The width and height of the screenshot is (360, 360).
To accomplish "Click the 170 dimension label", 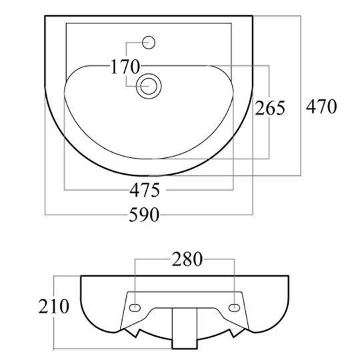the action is pos(125,67).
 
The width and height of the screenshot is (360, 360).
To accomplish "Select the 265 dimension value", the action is pos(270,108).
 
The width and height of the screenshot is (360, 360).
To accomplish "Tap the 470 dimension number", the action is pos(321,106).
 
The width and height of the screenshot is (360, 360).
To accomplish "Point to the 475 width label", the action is pos(145,190).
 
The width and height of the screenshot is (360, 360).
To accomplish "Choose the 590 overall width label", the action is pos(144,215).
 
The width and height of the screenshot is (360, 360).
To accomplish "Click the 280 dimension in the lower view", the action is pos(187,259).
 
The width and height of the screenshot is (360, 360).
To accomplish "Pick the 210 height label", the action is pos(53,306).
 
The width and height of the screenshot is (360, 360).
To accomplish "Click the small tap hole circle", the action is pos(149,43).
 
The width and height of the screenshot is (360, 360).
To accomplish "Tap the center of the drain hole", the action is pos(149,86).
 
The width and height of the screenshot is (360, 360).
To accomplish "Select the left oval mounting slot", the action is pos(135,307).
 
